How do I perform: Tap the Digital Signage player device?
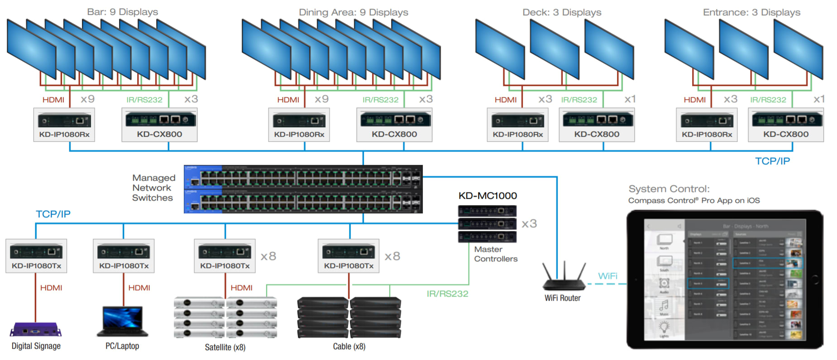click(36, 330)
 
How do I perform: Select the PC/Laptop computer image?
click(123, 321)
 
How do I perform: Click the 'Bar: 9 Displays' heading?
click(122, 12)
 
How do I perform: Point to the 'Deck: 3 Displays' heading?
click(562, 12)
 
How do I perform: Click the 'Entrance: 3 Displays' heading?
click(751, 12)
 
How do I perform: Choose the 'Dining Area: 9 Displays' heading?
click(353, 12)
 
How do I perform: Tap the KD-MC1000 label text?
click(488, 196)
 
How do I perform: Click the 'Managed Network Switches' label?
click(153, 188)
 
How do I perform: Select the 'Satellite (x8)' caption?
click(225, 347)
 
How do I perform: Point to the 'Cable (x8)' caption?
click(349, 346)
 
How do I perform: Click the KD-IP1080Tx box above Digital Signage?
click(36, 256)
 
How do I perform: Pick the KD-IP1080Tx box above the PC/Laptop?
click(124, 256)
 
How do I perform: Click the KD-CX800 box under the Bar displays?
click(159, 125)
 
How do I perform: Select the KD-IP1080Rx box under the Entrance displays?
click(707, 125)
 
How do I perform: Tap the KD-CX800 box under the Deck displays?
click(597, 125)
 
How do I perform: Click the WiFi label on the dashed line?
click(607, 276)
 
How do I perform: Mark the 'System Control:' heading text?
click(669, 189)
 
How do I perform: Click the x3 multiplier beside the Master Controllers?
click(529, 224)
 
